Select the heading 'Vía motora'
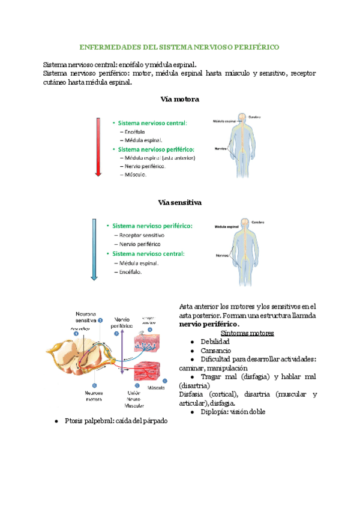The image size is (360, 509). [x=180, y=99]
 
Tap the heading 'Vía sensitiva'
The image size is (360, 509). [x=179, y=202]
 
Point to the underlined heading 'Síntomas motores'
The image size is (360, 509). [x=248, y=333]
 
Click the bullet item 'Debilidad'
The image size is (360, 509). [x=215, y=342]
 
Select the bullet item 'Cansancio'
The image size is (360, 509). [x=216, y=350]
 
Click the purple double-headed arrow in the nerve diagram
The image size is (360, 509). [x=122, y=354]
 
